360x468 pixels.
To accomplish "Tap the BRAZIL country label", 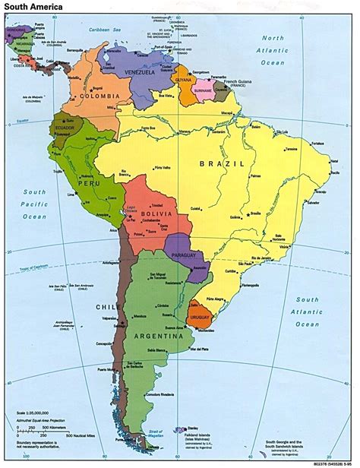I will (x=221, y=163).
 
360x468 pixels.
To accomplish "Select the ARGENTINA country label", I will (x=159, y=335).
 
